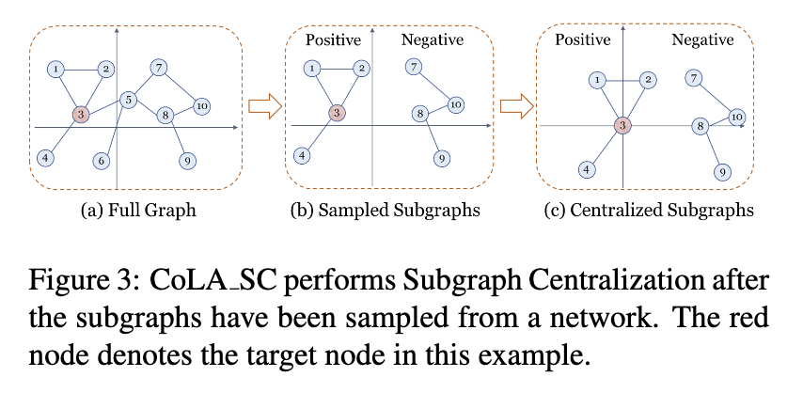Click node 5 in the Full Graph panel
(130, 100)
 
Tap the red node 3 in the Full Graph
(81, 115)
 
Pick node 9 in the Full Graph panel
(188, 161)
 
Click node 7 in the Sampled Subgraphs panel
(413, 67)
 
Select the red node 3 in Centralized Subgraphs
(622, 125)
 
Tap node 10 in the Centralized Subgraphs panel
(737, 117)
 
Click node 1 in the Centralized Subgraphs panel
(597, 81)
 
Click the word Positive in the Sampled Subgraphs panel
(334, 39)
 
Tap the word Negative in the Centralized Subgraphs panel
(702, 39)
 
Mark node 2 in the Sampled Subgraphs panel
(360, 69)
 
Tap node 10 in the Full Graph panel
(201, 105)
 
